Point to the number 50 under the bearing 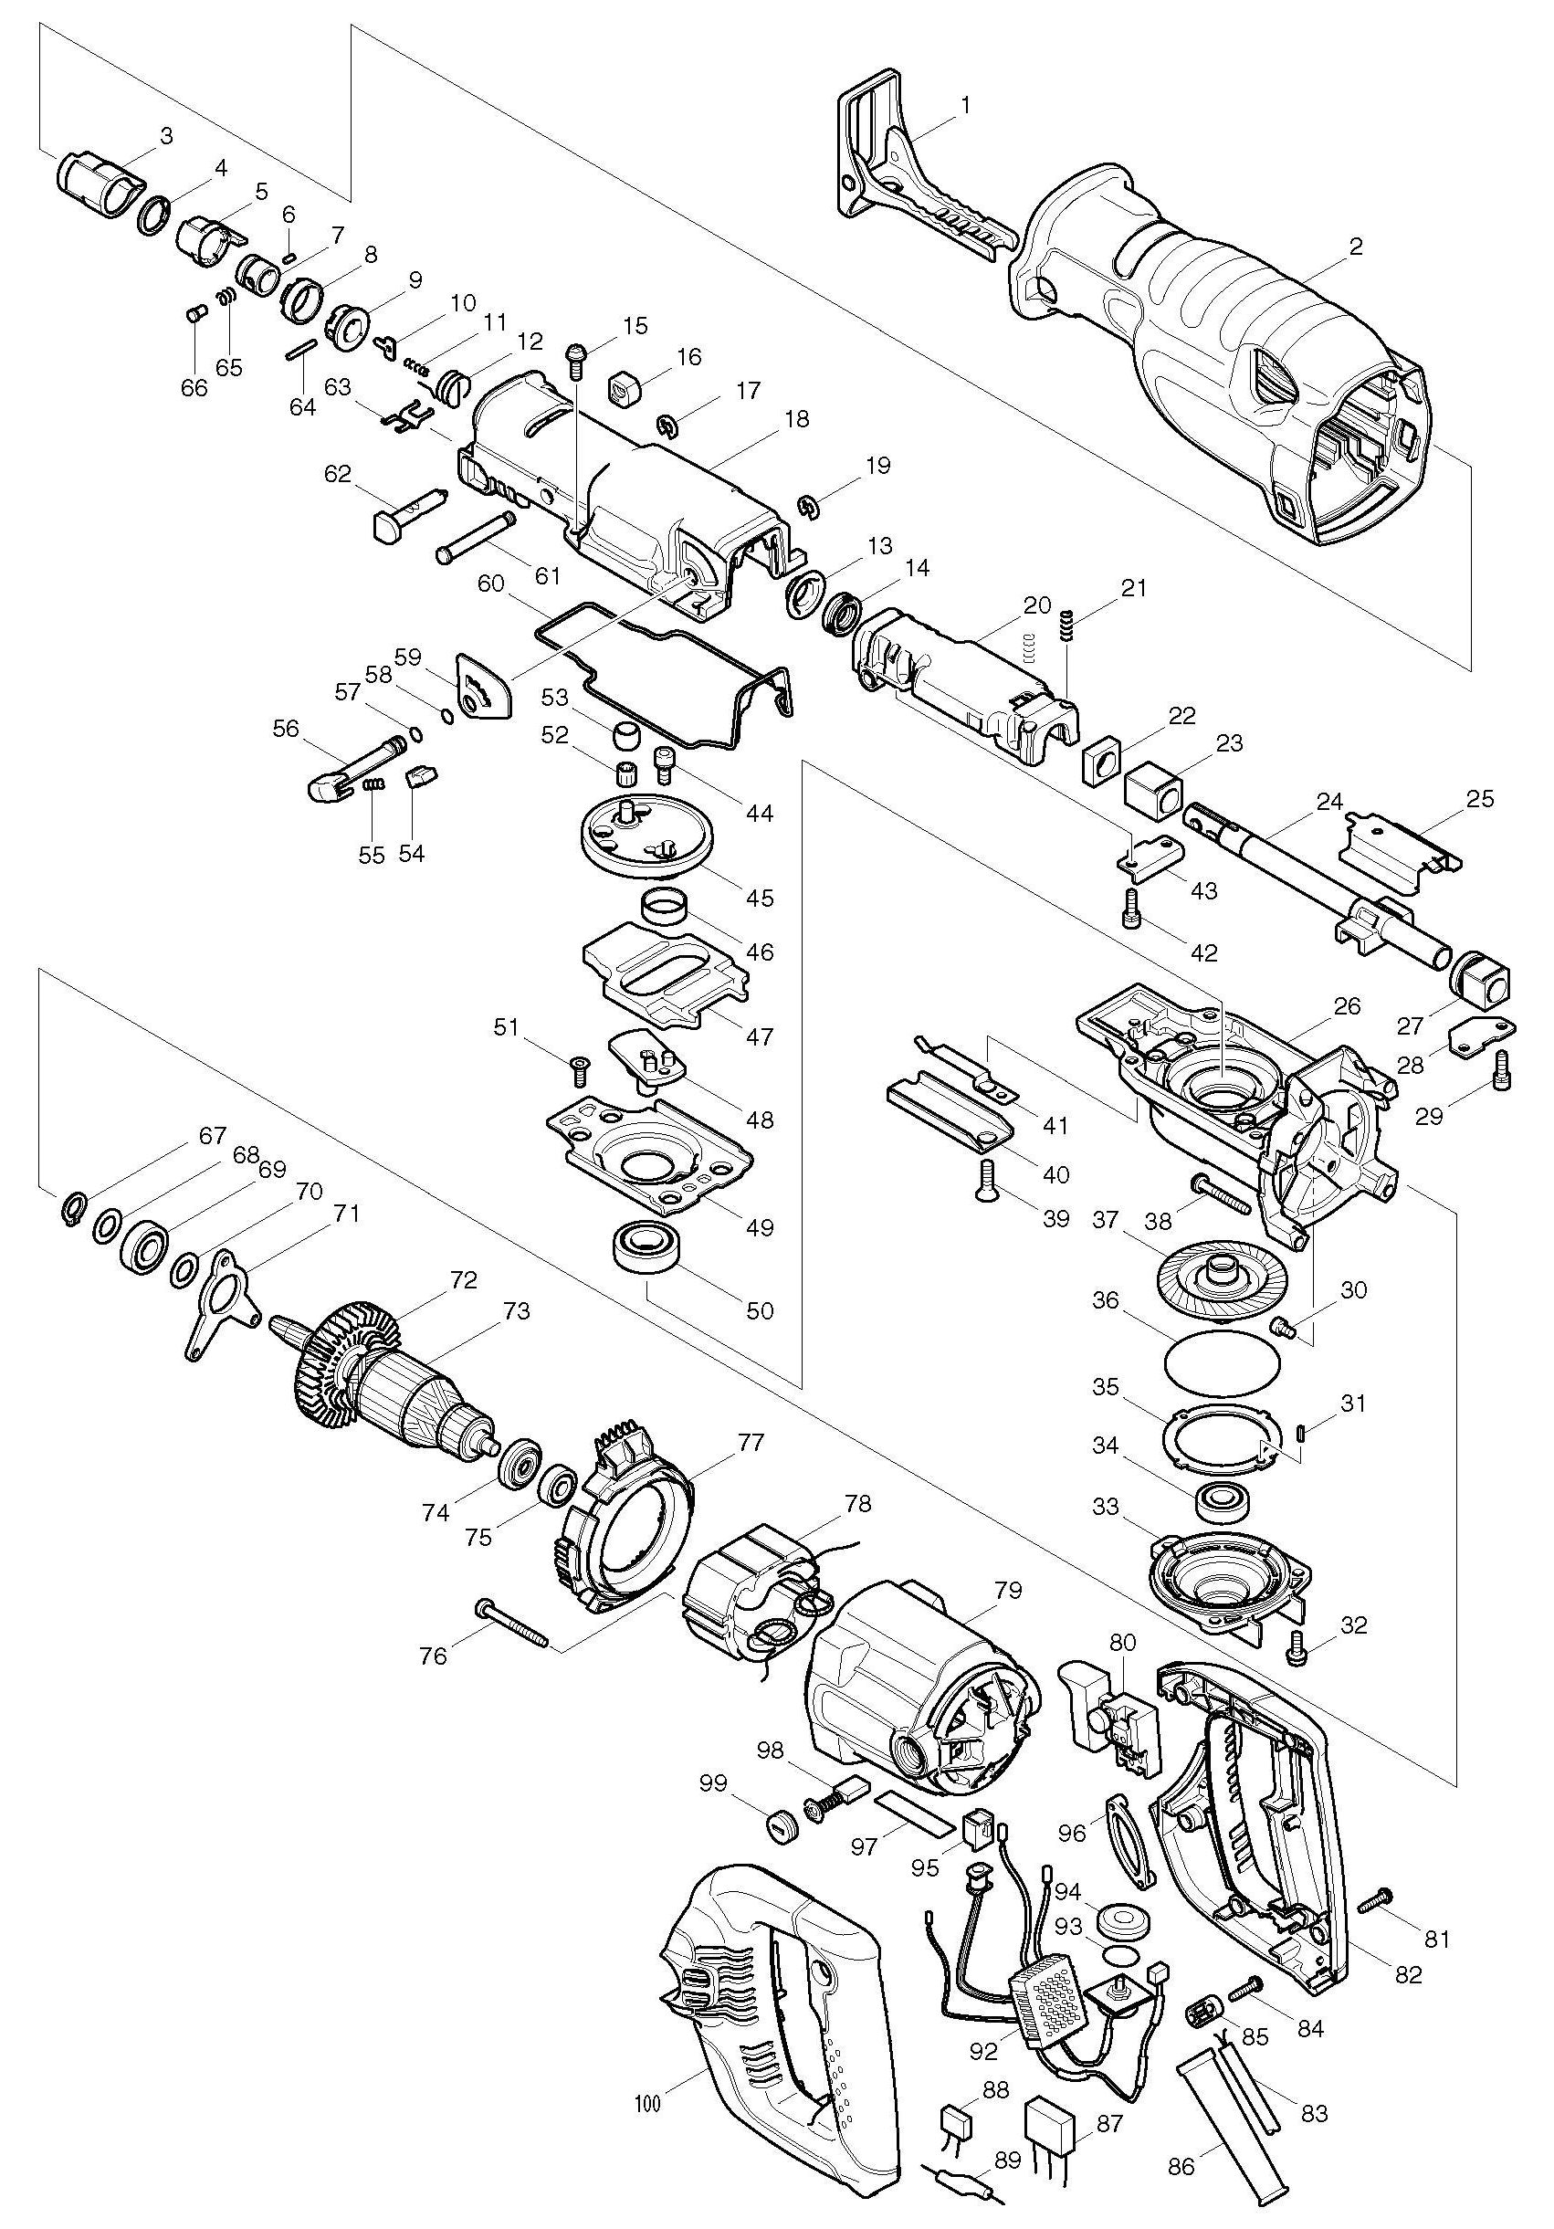(x=759, y=1310)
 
